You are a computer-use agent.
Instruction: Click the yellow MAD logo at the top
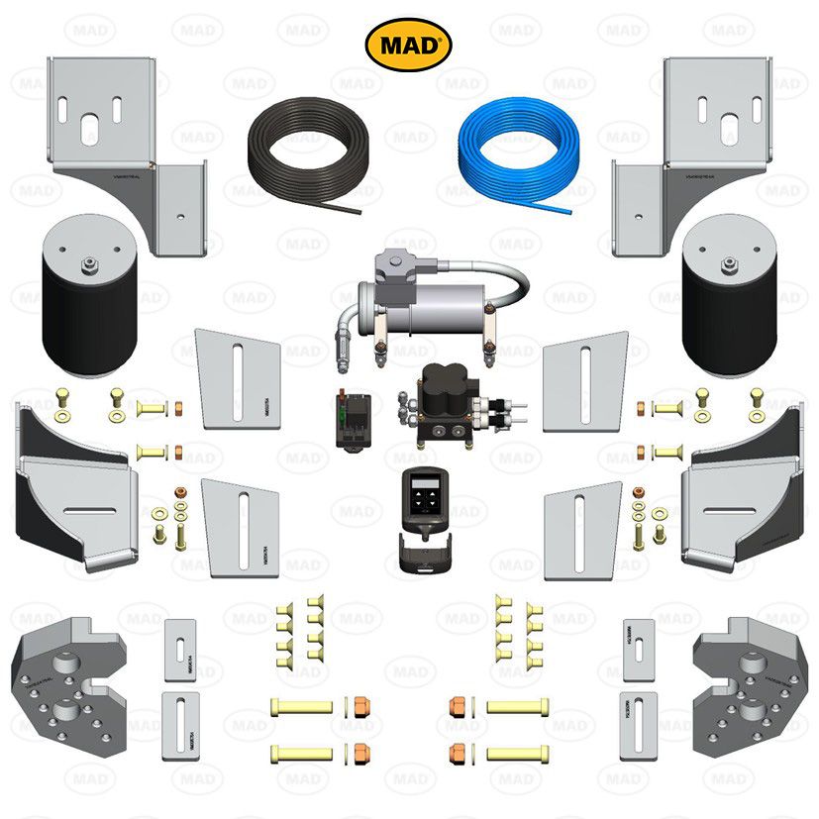coord(409,46)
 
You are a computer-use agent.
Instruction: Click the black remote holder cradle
coord(421,555)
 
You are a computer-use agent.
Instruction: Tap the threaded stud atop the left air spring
coord(88,263)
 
